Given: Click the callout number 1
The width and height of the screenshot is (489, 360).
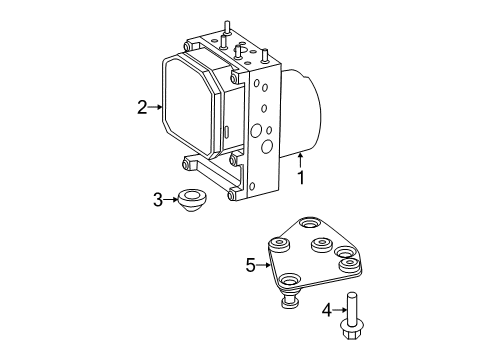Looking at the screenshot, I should [x=299, y=177].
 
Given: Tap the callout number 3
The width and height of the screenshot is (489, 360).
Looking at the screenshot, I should [x=158, y=200].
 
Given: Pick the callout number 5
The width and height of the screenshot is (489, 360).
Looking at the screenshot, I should [x=250, y=266].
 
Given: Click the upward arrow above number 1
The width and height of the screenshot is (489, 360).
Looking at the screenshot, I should [x=299, y=157].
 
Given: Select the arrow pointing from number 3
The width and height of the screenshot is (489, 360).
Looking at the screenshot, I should [x=171, y=200].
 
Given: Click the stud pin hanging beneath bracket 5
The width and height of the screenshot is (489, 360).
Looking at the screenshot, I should [x=290, y=299].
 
